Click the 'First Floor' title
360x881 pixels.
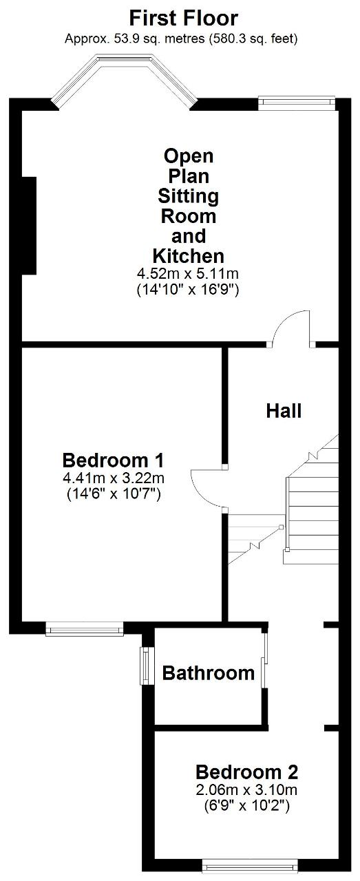click(183, 19)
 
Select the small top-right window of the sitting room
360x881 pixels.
click(297, 101)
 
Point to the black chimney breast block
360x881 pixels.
click(29, 225)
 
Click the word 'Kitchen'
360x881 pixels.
click(188, 256)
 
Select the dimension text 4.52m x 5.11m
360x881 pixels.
click(188, 273)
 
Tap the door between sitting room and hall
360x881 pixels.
click(291, 330)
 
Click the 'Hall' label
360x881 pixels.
click(284, 411)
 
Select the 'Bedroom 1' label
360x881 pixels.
click(113, 460)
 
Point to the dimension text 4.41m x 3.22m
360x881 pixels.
click(114, 478)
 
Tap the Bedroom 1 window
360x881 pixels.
click(85, 628)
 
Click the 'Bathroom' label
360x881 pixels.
click(209, 673)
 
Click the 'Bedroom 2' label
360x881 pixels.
click(246, 772)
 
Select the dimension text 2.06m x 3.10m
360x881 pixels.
click(246, 789)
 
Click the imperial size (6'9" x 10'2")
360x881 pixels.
click(246, 807)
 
